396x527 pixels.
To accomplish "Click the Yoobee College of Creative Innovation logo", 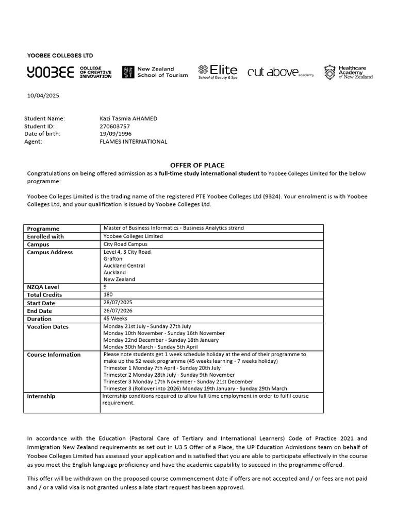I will pyautogui.click(x=69, y=73).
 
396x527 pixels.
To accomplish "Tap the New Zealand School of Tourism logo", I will pyautogui.click(x=155, y=72).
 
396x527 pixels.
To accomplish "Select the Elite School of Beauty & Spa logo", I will pyautogui.click(x=218, y=72).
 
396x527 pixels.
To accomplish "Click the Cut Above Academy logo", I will pyautogui.click(x=280, y=73).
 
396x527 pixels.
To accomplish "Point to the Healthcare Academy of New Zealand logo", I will pyautogui.click(x=348, y=72).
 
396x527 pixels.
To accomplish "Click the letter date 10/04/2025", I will pyautogui.click(x=42, y=96).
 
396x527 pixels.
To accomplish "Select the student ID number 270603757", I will pyautogui.click(x=114, y=126).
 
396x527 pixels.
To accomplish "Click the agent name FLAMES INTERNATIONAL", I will pyautogui.click(x=133, y=142).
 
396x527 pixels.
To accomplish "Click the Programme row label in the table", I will pyautogui.click(x=43, y=229).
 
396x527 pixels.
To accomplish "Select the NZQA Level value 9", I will pyautogui.click(x=105, y=287).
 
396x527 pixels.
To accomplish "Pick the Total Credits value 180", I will pyautogui.click(x=108, y=294).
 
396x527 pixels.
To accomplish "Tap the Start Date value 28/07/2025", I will pyautogui.click(x=118, y=303).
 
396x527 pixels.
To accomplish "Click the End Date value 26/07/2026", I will pyautogui.click(x=118, y=310).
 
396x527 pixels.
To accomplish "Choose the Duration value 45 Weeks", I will pyautogui.click(x=116, y=319).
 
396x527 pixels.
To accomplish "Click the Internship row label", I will pyautogui.click(x=41, y=397).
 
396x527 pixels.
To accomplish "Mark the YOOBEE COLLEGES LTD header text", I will pyautogui.click(x=60, y=56).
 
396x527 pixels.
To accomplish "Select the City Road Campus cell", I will pyautogui.click(x=125, y=244).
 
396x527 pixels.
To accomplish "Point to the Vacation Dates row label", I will pyautogui.click(x=48, y=327).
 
